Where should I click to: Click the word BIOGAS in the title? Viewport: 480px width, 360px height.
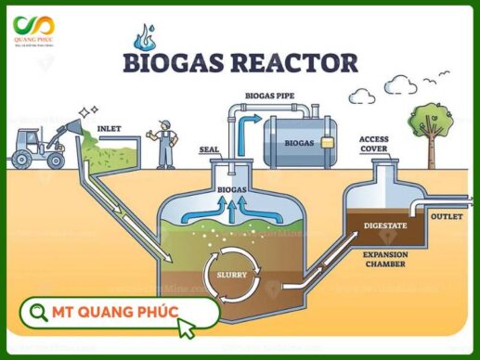pos(170,63)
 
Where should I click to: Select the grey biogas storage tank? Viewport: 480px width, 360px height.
pos(298,142)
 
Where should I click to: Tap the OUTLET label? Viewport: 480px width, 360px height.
pos(447,215)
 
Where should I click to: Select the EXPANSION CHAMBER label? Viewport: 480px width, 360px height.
pos(384,259)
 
